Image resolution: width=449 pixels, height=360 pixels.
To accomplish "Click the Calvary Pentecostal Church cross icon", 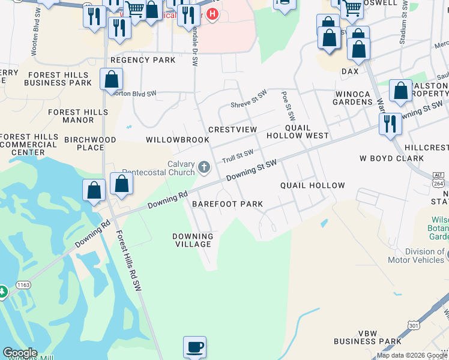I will (204, 167).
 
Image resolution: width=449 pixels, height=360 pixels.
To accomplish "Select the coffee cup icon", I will (194, 347).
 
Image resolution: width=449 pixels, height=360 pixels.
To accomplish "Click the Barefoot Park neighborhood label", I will (228, 204).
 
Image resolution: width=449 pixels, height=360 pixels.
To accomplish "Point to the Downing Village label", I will (192, 240).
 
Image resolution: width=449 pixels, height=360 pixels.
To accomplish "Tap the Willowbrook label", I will (178, 140).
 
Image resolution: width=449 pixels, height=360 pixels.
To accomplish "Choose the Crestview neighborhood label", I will (232, 130).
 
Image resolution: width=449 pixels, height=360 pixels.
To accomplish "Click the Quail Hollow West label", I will (307, 132).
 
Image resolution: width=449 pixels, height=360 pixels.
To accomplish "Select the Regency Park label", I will (143, 60).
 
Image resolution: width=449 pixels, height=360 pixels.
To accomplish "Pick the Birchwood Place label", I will (90, 143).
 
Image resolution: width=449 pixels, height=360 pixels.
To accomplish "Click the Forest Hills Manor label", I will (78, 116).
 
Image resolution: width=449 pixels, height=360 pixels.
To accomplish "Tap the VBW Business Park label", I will (367, 337).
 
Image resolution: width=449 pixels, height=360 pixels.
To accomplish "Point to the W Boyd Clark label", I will (391, 159).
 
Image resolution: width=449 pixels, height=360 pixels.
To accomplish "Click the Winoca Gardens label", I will (354, 98).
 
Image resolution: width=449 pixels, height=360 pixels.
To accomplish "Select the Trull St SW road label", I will (238, 157).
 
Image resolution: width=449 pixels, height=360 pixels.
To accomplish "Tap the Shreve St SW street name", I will (249, 100).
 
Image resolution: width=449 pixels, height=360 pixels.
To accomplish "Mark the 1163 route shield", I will (23, 284).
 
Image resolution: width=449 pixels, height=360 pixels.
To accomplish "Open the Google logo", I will (20, 353).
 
